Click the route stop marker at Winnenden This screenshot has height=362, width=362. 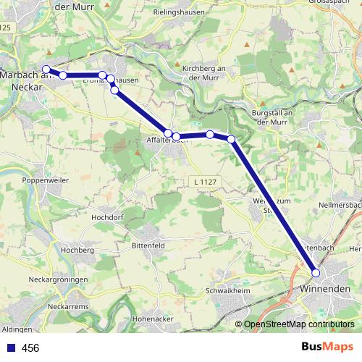(316, 273)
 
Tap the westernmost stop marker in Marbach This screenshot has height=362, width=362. (46, 70)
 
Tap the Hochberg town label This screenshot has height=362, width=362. (79, 250)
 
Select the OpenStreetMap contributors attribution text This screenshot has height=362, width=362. (299, 324)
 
